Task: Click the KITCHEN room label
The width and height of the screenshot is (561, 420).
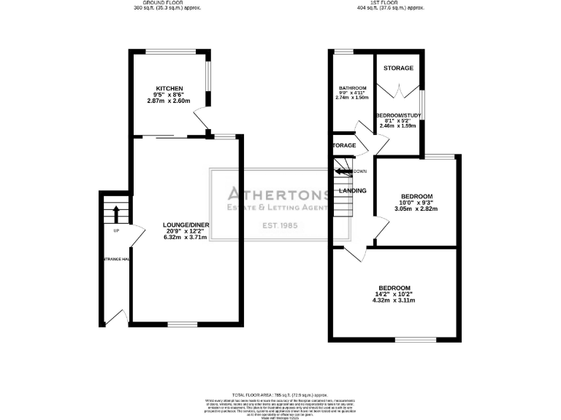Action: pyautogui.click(x=169, y=88)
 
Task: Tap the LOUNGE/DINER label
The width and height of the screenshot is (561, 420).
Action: pyautogui.click(x=186, y=225)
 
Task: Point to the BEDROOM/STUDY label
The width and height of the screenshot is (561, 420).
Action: pyautogui.click(x=397, y=116)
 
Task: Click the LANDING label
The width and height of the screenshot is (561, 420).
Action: pyautogui.click(x=352, y=191)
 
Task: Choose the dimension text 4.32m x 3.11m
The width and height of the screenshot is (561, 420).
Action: pyautogui.click(x=394, y=300)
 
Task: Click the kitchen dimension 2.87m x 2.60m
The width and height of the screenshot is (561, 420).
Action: pyautogui.click(x=169, y=101)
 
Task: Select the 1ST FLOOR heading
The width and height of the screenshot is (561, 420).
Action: pyautogui.click(x=391, y=3)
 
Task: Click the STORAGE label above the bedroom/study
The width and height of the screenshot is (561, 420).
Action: pyautogui.click(x=399, y=69)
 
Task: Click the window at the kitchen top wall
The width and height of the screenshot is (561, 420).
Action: pyautogui.click(x=170, y=51)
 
